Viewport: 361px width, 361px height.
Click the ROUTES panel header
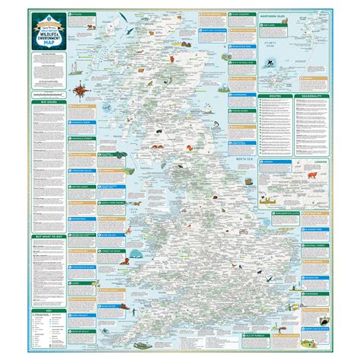[279, 97]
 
